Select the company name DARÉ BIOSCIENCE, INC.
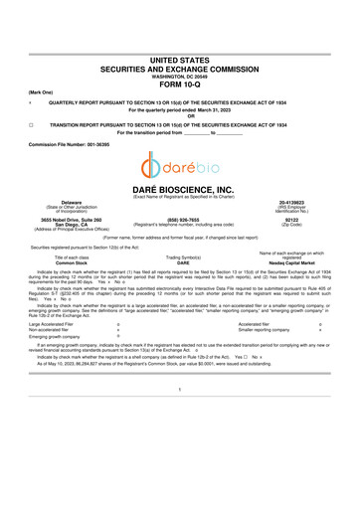[x=180, y=189]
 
